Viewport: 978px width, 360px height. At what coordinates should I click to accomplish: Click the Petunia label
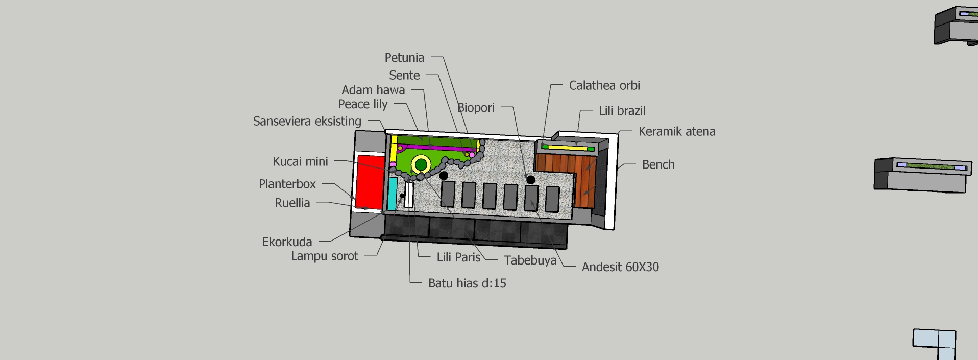pos(404,58)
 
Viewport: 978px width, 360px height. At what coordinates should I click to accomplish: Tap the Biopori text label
pos(476,108)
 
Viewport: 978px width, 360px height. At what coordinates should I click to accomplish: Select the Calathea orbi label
pos(604,86)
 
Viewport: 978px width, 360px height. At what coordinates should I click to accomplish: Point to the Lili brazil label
pos(622,111)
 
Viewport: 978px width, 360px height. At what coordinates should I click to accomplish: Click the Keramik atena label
pos(677,132)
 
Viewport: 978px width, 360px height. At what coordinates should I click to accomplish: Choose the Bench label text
pos(658,165)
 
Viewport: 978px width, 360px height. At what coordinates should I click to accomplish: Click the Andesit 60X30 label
pos(620,267)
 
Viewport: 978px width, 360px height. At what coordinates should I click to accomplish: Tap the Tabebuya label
pos(530,260)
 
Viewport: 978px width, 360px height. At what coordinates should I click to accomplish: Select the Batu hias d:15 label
pos(467,283)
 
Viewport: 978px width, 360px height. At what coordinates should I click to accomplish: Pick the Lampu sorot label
pos(325,256)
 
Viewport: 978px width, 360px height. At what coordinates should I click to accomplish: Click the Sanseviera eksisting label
pos(307,122)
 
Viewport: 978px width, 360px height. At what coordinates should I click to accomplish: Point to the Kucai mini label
pos(300,162)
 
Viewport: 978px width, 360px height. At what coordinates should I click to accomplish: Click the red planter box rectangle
pos(370,182)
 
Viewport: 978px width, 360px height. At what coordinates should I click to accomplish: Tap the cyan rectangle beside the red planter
pos(392,194)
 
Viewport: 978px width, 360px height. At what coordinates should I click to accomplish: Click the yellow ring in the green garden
pos(421,164)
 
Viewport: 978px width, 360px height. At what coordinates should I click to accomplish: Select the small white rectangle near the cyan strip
pos(409,195)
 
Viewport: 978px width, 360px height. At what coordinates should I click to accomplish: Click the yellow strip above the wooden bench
pos(567,148)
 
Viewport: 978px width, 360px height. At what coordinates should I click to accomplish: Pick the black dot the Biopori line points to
pos(531,180)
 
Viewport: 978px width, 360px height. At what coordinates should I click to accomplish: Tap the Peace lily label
pos(363,105)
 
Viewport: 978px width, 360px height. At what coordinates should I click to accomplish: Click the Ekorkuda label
pos(287,242)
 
